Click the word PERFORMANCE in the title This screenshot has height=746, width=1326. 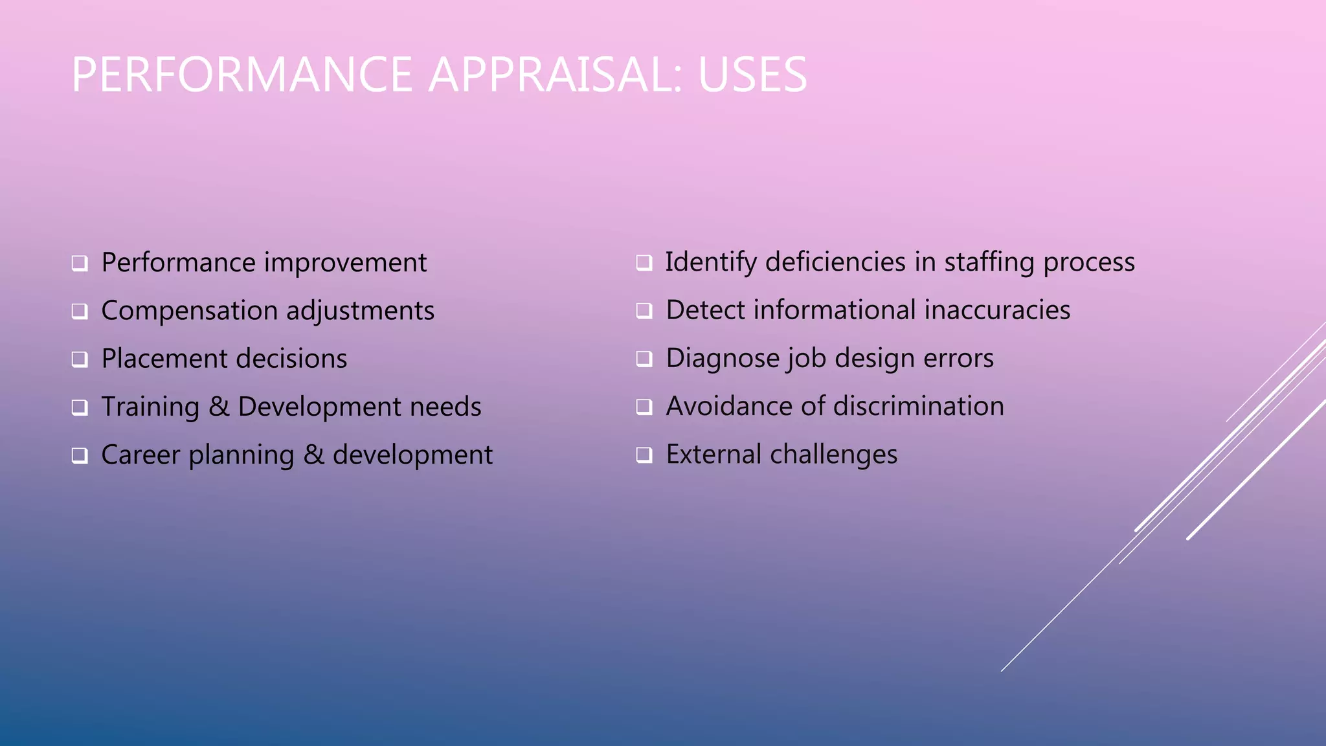[242, 74]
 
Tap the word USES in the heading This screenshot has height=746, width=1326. [752, 74]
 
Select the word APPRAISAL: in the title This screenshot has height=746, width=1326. [555, 74]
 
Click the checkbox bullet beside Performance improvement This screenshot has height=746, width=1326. [80, 264]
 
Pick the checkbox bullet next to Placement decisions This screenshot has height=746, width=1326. [80, 359]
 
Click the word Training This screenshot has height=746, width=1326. [150, 407]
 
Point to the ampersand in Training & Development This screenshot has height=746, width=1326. [219, 407]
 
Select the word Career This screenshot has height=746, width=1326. [140, 455]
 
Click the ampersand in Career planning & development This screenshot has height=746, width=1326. [313, 455]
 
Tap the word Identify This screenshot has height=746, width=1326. [711, 262]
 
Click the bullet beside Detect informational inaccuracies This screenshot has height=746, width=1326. [644, 311]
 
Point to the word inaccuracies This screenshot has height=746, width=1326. [997, 310]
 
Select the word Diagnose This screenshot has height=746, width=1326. [723, 359]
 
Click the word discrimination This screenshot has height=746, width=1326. [919, 407]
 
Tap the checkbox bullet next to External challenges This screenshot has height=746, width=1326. [644, 455]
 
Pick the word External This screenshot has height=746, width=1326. [714, 455]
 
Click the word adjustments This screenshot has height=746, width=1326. [360, 311]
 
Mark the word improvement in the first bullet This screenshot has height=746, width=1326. [345, 263]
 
